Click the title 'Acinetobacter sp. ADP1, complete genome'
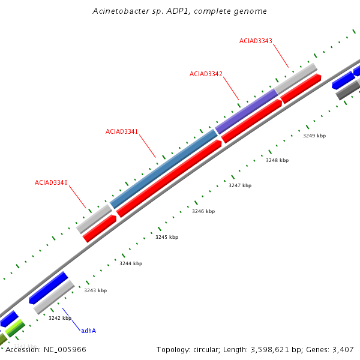coord(180,11)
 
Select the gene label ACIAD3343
coord(256,41)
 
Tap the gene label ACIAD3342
coord(206,74)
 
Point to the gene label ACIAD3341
coord(122,131)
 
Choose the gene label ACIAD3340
coord(51,182)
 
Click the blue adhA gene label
coord(89,331)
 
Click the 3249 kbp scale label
coord(314,136)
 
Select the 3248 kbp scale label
coord(277,161)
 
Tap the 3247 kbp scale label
coord(240,186)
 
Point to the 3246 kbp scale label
coord(203,212)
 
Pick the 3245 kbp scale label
coord(167,238)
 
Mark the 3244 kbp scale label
coord(131,264)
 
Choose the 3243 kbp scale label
coord(95,290)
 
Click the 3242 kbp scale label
coord(60,318)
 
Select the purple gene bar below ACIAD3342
coord(247,111)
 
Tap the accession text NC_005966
coord(46,349)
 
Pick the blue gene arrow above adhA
coord(48,288)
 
